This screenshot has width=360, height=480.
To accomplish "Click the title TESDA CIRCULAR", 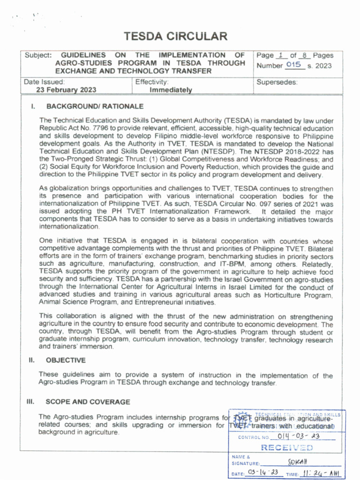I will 175,37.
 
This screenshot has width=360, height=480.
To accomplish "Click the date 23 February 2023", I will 67,90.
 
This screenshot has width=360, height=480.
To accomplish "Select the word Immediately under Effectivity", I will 171,90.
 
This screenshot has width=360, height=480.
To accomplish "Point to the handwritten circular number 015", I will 293,65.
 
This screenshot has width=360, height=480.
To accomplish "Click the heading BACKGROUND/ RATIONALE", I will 95,106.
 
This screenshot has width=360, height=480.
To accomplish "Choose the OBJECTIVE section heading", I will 66,360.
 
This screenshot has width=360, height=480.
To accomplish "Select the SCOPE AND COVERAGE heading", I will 88,402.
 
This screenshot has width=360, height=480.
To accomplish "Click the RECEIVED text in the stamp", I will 287,448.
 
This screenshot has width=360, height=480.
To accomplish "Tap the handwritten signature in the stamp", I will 294,462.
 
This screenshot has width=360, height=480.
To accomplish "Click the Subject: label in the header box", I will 37,55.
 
